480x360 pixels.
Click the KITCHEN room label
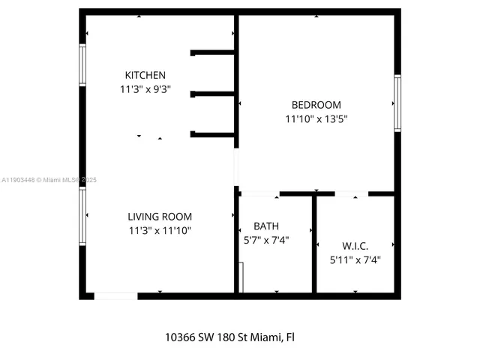coord(145,75)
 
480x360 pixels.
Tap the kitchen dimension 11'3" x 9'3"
coord(145,88)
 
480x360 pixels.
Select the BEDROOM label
coord(316,105)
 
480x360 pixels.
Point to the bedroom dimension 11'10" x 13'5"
coord(316,118)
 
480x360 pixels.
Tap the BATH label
coord(266,226)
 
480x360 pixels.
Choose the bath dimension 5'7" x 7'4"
coord(266,240)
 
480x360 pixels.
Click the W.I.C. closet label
coord(355,246)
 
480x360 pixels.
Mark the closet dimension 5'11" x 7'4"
coord(355,260)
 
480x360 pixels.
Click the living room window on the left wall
coord(82,216)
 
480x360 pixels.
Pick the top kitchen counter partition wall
coord(214,52)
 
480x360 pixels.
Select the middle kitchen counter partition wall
coord(214,94)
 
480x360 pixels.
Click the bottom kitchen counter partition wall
coord(214,134)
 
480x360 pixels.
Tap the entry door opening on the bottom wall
coord(115,295)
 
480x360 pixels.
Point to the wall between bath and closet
coord(314,244)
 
